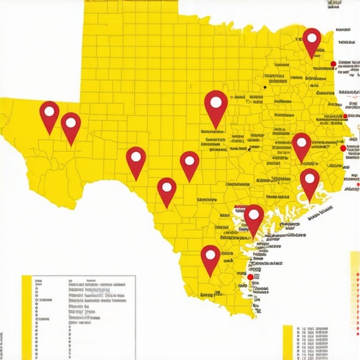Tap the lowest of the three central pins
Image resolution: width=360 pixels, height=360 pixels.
167,190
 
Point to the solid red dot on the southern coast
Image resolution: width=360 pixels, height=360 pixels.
250,278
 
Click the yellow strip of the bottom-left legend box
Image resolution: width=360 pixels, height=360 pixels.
27,316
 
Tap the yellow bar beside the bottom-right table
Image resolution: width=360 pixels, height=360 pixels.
287,341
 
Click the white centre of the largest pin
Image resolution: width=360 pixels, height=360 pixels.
216,103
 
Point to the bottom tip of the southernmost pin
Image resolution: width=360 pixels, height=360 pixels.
210,276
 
